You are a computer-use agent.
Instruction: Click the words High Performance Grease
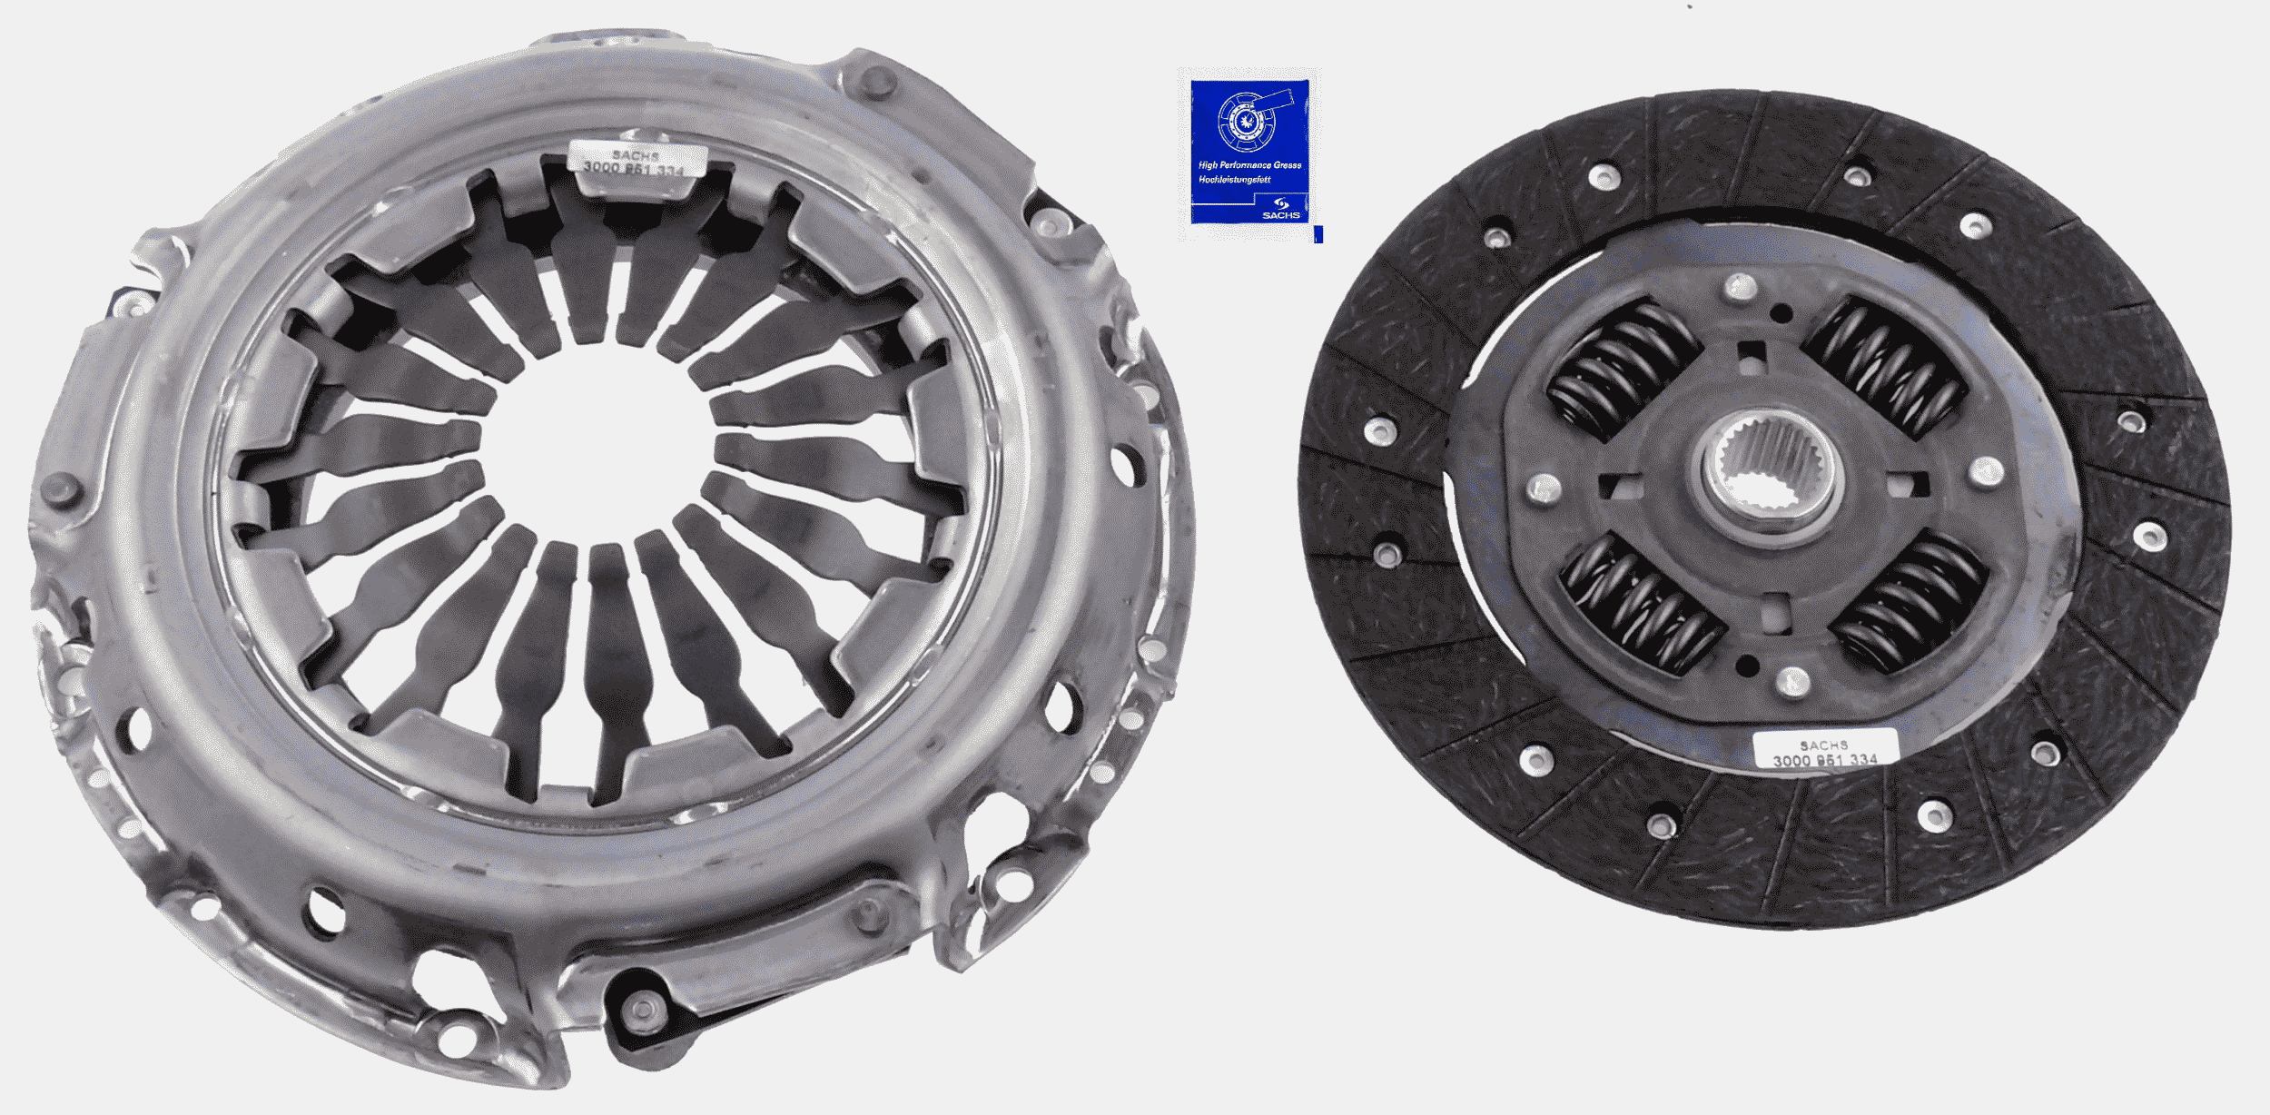(1249, 165)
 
